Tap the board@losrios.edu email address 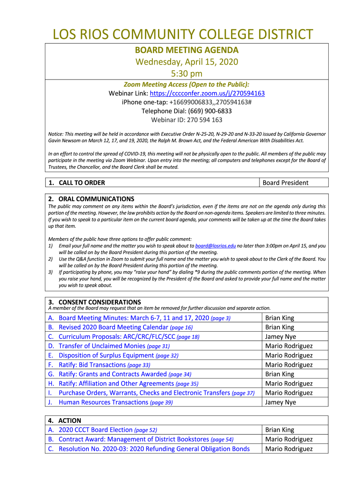(x=216, y=246)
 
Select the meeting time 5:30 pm (x=187, y=73)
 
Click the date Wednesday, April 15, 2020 (x=187, y=62)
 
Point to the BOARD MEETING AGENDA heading (x=187, y=50)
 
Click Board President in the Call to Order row (x=285, y=183)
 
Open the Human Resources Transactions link (x=103, y=402)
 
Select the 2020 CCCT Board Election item (x=95, y=430)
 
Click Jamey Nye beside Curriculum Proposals (x=281, y=337)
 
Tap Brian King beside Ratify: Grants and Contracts (x=280, y=374)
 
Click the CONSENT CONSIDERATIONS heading (x=100, y=302)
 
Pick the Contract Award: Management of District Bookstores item (x=134, y=439)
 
